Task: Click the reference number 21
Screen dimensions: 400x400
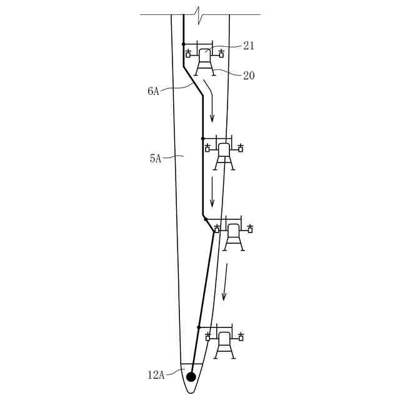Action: [249, 46]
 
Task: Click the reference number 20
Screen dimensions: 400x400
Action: [249, 76]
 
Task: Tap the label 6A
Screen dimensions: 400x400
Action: [153, 91]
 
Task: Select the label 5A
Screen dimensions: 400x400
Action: [156, 159]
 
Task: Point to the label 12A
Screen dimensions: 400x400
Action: [156, 375]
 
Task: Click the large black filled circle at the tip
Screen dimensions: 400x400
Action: [191, 376]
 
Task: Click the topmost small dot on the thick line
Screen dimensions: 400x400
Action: [183, 44]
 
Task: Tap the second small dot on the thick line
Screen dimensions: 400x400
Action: [202, 139]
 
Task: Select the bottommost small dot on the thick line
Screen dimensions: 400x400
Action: [199, 327]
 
